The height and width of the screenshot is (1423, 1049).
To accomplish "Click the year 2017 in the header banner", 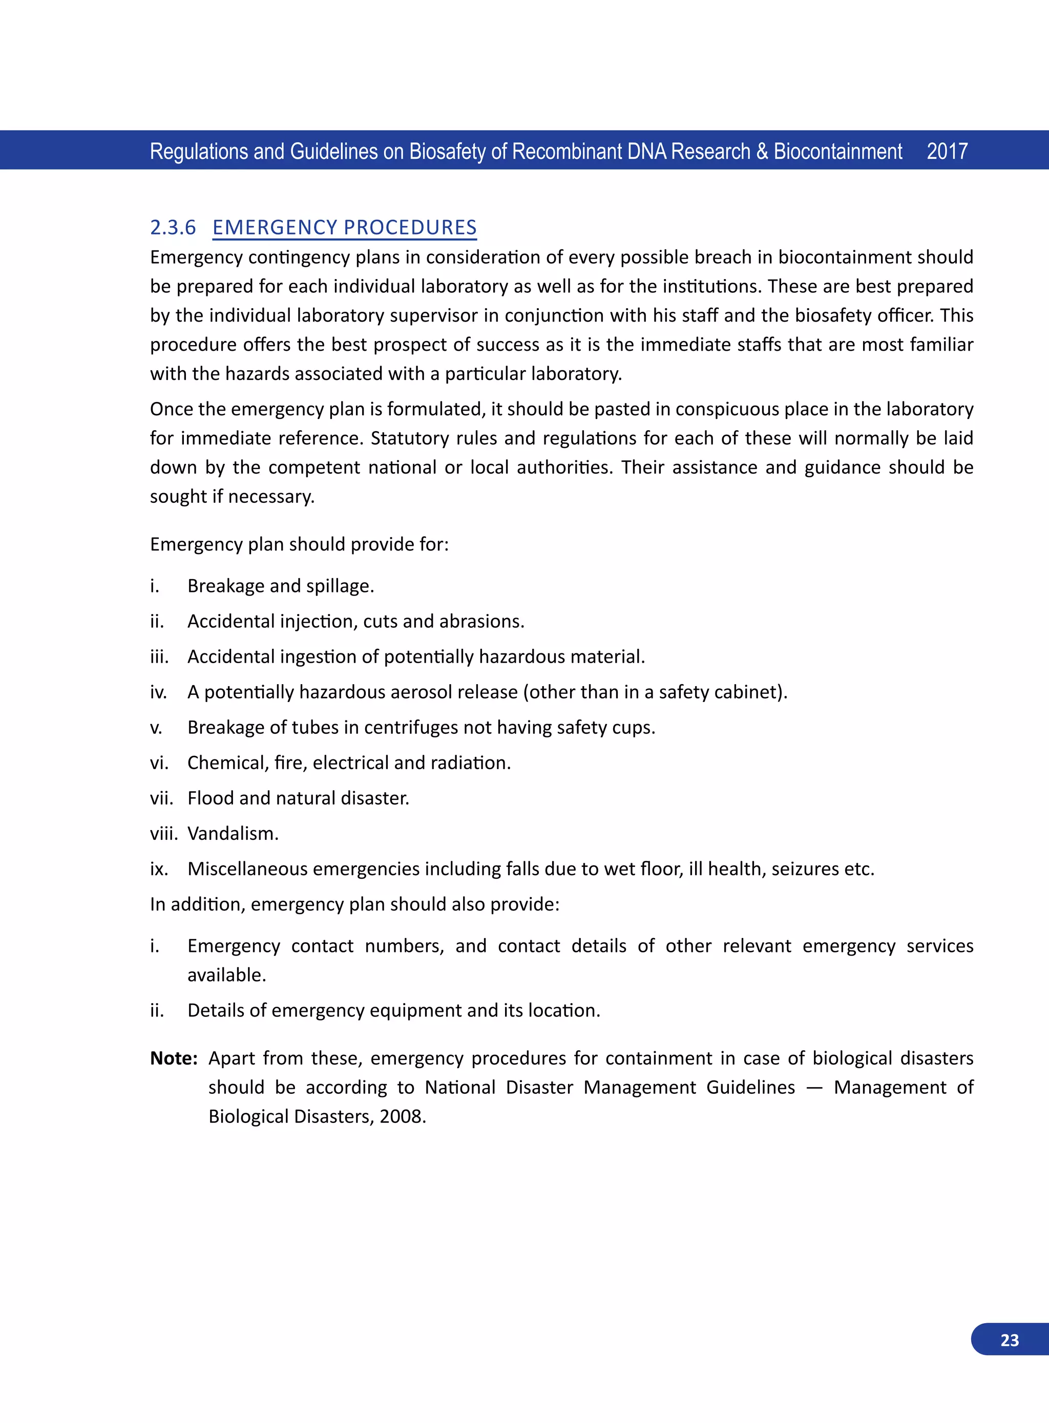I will tap(946, 152).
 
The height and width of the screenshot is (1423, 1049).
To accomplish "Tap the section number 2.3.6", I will tap(173, 227).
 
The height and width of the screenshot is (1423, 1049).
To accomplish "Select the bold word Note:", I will tap(173, 1058).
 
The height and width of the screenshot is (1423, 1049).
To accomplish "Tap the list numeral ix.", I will tap(159, 869).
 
